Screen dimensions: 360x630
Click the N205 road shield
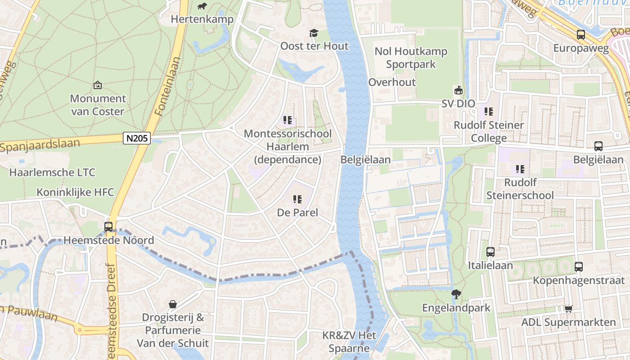(137, 138)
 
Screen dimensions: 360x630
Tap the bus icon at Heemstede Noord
(108, 227)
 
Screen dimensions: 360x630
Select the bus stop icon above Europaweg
(581, 35)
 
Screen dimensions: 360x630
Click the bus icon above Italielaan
(490, 252)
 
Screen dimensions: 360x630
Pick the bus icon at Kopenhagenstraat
(579, 267)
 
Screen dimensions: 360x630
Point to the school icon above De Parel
(297, 199)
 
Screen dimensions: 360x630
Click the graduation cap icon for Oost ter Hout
(314, 33)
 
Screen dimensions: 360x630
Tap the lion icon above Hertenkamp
(202, 6)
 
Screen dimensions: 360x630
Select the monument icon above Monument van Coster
(98, 85)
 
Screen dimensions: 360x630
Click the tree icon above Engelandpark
(456, 294)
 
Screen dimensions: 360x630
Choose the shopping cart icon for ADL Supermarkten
(568, 309)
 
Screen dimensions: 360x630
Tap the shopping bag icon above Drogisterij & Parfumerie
(172, 304)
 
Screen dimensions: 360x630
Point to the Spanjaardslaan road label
(40, 145)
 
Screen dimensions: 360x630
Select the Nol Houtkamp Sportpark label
(411, 58)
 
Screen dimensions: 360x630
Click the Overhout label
(392, 82)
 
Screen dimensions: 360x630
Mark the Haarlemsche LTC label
(52, 172)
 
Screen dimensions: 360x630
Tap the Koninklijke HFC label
(75, 192)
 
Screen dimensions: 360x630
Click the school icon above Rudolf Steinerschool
(520, 169)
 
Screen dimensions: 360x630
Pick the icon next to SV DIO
(458, 90)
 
